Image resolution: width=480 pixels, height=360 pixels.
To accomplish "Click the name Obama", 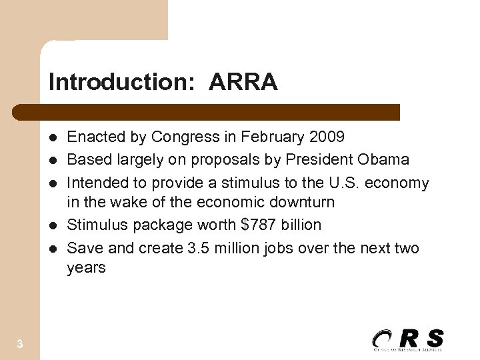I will [x=383, y=160].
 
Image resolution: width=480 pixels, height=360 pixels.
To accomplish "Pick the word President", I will [x=319, y=160].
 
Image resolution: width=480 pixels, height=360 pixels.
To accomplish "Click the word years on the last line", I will [x=87, y=267].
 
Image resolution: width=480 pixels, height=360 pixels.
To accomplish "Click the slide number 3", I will [x=20, y=344].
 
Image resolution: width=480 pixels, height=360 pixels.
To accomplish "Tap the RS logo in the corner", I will [x=407, y=339].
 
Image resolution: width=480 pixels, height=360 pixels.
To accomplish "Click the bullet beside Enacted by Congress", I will [x=53, y=138].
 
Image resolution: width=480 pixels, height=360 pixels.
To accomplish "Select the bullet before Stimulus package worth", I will [x=53, y=225].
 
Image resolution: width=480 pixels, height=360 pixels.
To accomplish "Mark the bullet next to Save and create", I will [x=53, y=249].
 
